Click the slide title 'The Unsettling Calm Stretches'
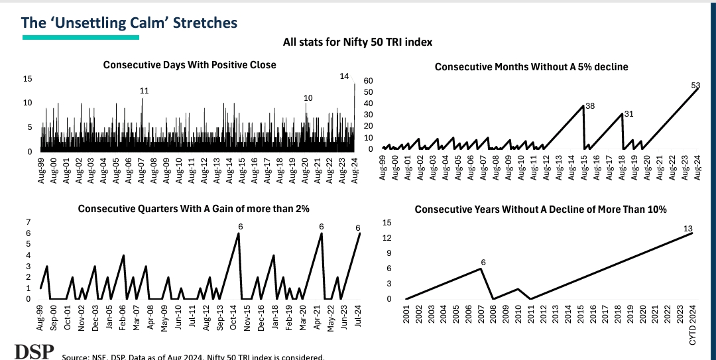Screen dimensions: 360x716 [x=129, y=23]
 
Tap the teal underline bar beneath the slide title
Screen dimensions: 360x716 [x=80, y=38]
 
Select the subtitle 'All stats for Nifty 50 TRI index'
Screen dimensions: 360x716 [x=357, y=42]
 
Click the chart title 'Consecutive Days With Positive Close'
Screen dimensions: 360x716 [x=190, y=65]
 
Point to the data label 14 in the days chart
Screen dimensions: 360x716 [x=344, y=76]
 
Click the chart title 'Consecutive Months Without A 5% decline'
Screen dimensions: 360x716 [x=531, y=66]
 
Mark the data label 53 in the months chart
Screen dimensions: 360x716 [x=695, y=84]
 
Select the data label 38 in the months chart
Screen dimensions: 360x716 [x=589, y=105]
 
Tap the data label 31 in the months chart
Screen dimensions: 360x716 [x=628, y=114]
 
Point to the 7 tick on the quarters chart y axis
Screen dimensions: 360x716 [x=29, y=221]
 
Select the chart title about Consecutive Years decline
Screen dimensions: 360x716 [x=540, y=210]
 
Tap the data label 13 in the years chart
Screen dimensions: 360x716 [x=688, y=229]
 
